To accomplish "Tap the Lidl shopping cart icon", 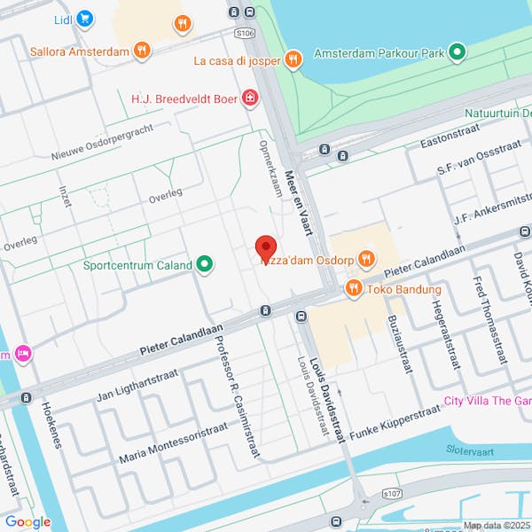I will pyautogui.click(x=85, y=18).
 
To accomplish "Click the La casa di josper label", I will pyautogui.click(x=238, y=60).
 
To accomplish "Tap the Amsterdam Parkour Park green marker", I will pyautogui.click(x=458, y=53).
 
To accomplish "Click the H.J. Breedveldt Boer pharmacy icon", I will pyautogui.click(x=251, y=98).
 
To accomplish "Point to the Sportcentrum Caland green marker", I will pyautogui.click(x=205, y=264).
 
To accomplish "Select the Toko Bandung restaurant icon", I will pyautogui.click(x=353, y=288).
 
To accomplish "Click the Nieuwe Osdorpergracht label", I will pyautogui.click(x=102, y=142).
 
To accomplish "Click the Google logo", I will pyautogui.click(x=27, y=522).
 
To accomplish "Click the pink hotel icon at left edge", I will pyautogui.click(x=23, y=354).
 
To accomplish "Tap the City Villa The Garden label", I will pyautogui.click(x=488, y=401).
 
